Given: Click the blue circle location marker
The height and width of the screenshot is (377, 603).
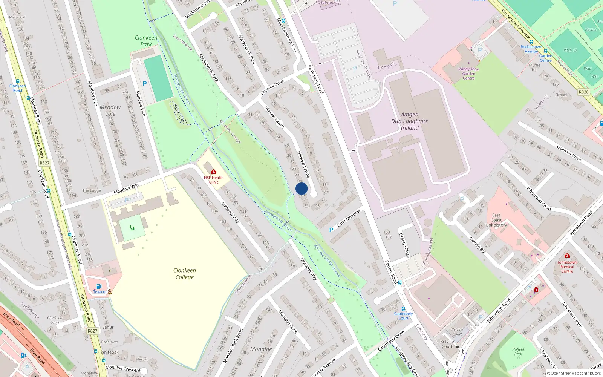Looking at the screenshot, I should (x=301, y=188).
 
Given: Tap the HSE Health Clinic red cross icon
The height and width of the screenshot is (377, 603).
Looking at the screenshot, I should (x=214, y=172).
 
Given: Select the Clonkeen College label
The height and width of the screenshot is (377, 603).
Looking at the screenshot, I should (x=184, y=274).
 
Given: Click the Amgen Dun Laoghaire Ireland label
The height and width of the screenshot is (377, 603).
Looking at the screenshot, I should (x=410, y=121).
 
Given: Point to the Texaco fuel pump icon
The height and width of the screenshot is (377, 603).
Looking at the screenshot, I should (x=99, y=286).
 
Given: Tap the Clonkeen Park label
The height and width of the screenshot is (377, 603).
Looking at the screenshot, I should (x=146, y=41).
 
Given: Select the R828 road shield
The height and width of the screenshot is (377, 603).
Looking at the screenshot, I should (x=583, y=92).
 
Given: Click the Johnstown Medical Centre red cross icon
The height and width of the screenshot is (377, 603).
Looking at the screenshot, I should (x=567, y=256).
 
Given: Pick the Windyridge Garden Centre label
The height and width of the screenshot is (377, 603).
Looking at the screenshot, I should (x=468, y=74).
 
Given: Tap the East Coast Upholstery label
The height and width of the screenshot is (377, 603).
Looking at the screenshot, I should (x=496, y=220).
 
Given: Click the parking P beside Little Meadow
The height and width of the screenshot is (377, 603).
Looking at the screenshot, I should (x=331, y=230).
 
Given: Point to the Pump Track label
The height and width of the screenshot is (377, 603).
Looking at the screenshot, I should (x=179, y=113).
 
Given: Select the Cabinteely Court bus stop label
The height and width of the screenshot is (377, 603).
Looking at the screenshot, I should (x=403, y=316).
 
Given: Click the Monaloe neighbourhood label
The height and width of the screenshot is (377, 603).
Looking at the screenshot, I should (x=261, y=349).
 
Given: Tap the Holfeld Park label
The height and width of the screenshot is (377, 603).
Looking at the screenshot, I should (x=518, y=351).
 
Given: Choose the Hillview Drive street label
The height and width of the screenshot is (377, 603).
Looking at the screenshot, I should (x=272, y=87).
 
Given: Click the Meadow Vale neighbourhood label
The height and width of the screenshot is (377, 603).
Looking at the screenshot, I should (x=110, y=110).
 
